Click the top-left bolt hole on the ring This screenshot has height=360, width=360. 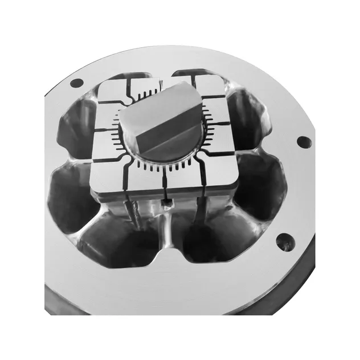coord(75,84)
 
